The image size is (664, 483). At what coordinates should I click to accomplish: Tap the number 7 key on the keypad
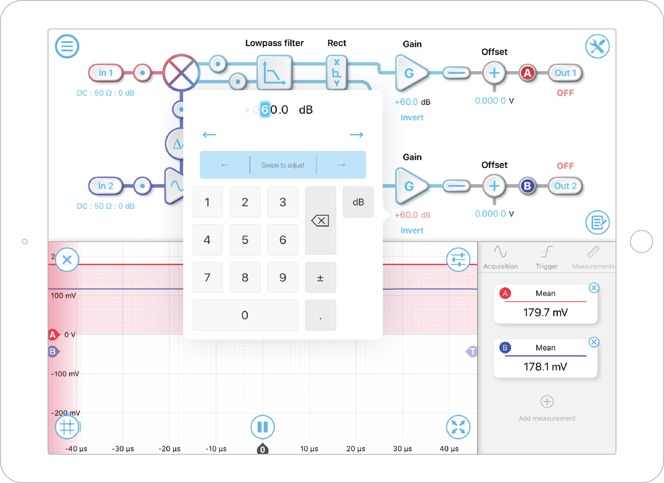point(207,278)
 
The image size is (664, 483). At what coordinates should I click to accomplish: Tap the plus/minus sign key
point(320,278)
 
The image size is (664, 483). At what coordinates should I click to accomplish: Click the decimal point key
point(320,316)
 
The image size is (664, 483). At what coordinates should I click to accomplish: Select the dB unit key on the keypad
point(358,202)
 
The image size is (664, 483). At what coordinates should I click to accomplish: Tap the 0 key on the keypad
point(245,316)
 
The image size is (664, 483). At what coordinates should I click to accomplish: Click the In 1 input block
point(105,73)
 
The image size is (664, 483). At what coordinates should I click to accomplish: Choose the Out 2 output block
point(565,186)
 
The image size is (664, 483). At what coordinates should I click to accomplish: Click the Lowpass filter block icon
point(274,73)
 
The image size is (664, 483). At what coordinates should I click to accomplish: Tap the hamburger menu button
point(67,46)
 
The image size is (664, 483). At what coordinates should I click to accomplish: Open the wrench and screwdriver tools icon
point(597,46)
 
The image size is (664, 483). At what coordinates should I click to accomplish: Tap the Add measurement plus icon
point(547,402)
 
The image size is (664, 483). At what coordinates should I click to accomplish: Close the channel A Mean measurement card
point(594,288)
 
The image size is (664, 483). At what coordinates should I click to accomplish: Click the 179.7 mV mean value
point(545,313)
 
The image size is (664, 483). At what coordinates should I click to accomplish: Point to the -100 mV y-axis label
point(65,374)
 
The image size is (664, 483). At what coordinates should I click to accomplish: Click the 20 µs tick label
point(355,449)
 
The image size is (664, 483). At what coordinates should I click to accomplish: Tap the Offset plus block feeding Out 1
point(494,73)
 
